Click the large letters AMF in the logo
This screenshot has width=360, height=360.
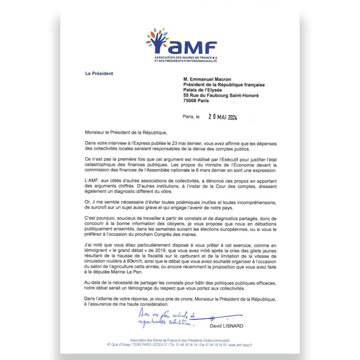pos(193,48)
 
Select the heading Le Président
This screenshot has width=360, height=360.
pos(99,73)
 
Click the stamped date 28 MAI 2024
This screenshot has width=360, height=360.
pos(222,117)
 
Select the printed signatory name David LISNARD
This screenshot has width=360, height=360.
pos(226,326)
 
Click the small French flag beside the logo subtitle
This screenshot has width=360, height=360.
pos(216,58)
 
